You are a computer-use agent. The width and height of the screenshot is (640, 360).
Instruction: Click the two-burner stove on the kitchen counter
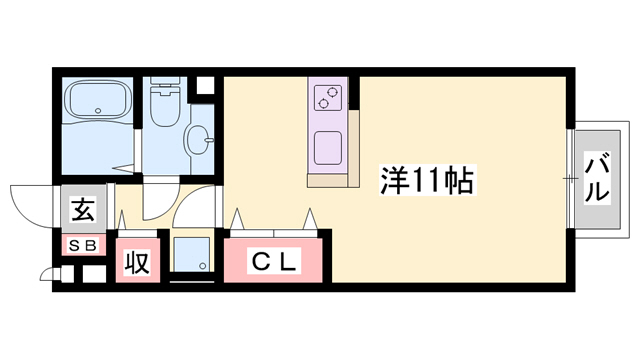click(328, 97)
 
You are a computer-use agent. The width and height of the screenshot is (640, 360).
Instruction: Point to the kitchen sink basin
click(329, 149)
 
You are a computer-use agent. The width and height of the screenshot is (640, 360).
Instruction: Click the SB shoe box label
click(83, 245)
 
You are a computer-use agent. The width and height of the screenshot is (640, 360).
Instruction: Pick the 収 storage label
click(137, 263)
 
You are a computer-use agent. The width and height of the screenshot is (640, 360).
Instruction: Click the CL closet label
click(273, 263)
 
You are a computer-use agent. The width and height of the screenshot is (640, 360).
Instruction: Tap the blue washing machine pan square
click(193, 255)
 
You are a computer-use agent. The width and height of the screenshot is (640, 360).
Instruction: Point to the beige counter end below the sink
click(332, 180)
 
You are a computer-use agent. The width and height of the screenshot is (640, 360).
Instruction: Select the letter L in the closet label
click(287, 263)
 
